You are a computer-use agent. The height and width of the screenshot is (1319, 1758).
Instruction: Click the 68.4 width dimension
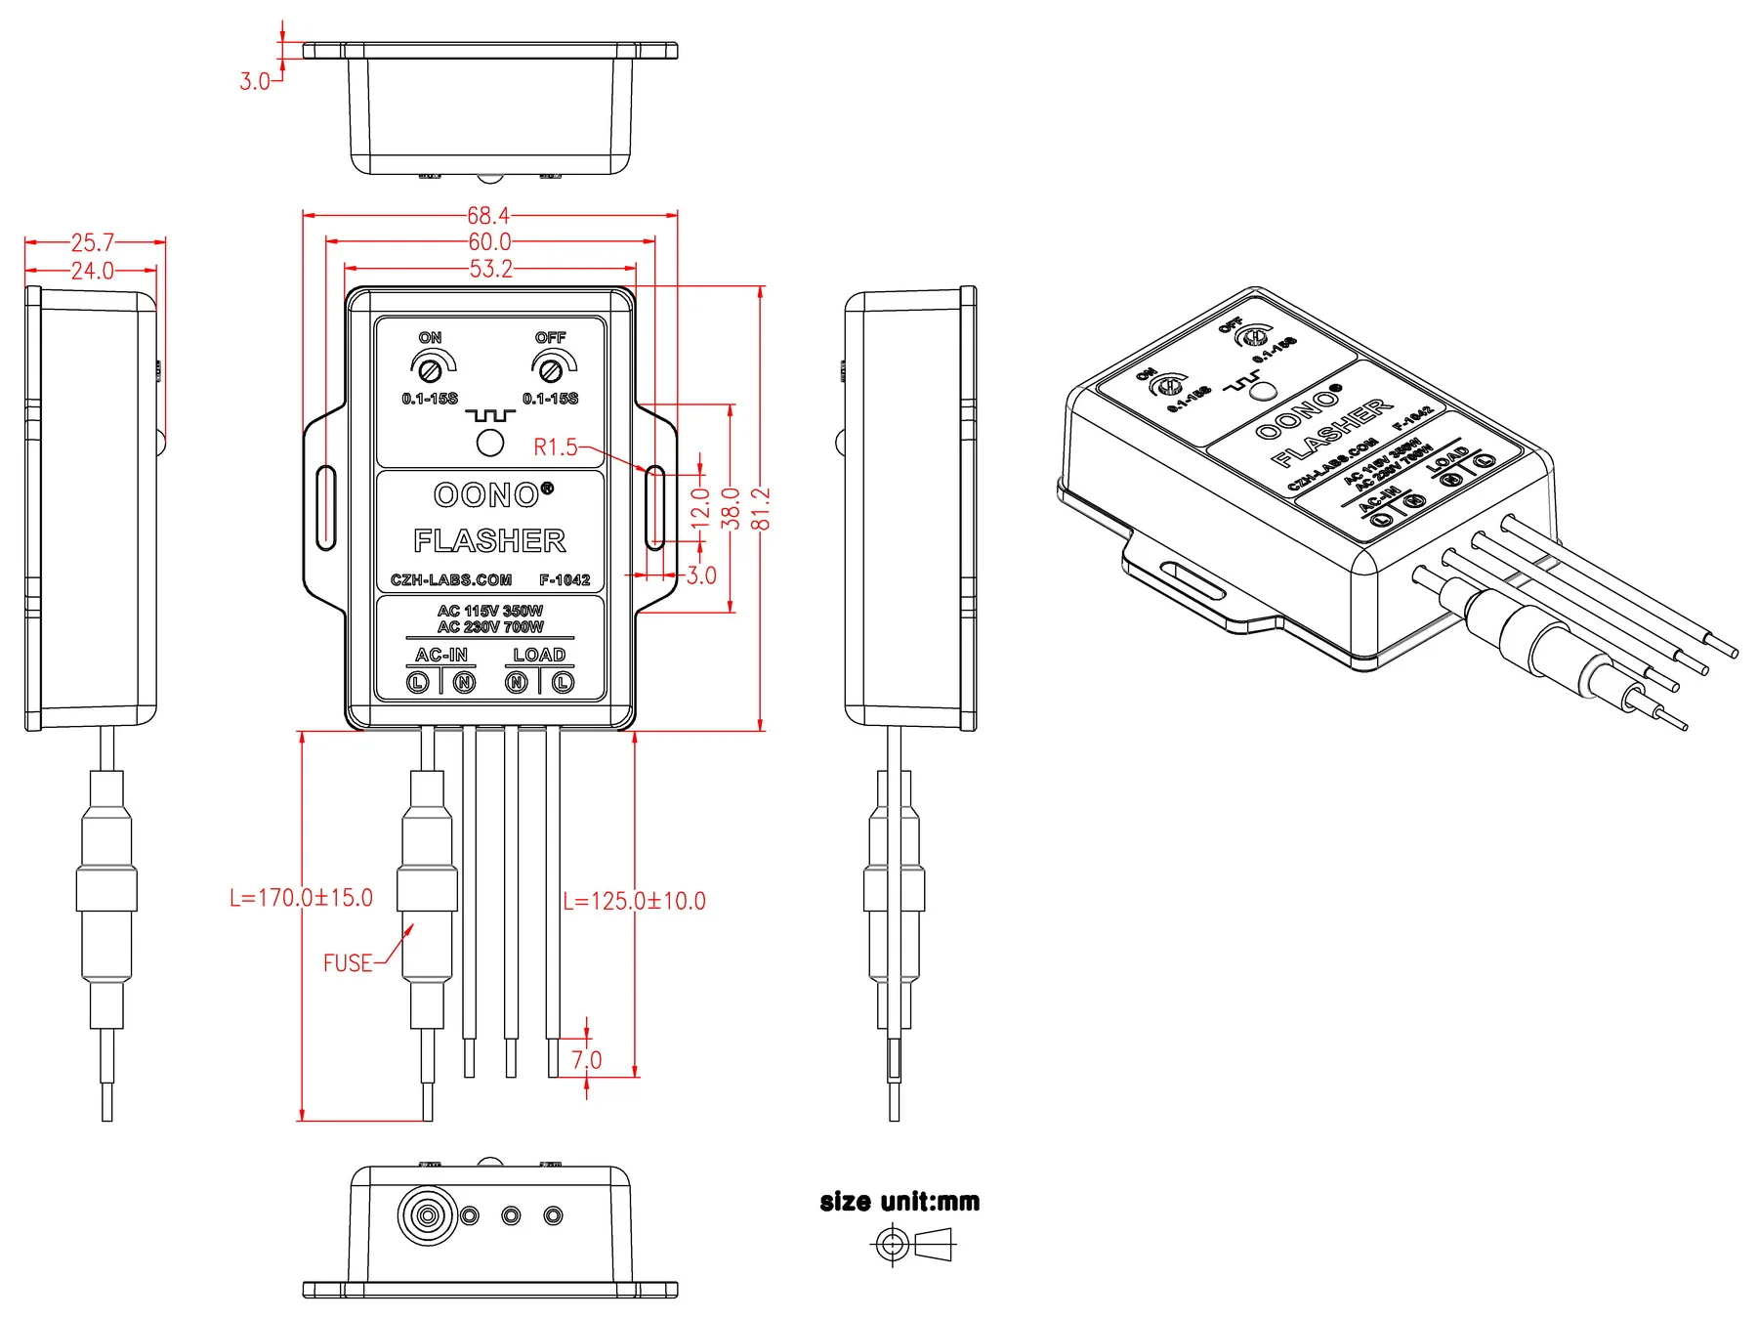point(487,215)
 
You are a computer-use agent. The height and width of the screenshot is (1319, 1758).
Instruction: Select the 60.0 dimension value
point(489,241)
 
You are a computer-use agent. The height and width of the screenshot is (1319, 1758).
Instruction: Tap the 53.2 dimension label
point(490,269)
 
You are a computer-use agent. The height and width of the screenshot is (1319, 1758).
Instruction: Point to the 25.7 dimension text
point(93,242)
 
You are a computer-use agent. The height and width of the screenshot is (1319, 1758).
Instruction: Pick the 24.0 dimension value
point(93,271)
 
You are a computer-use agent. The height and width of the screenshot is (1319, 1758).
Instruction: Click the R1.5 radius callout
point(556,447)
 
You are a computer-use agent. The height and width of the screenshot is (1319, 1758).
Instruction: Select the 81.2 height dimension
point(762,508)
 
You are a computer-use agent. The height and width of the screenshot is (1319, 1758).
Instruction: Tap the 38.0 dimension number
point(731,508)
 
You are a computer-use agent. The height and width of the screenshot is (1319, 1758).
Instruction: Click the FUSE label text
point(348,963)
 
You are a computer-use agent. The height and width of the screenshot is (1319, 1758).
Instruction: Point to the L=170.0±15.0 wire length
point(301,898)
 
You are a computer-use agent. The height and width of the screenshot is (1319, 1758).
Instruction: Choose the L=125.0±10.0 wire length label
point(634,901)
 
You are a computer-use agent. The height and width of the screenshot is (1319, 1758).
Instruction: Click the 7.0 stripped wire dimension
point(586,1060)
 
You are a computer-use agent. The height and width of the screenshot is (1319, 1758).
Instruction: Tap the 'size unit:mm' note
point(900,1202)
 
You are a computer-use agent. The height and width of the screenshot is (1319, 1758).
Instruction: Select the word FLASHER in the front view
point(489,540)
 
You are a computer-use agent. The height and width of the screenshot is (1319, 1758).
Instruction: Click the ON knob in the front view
point(430,369)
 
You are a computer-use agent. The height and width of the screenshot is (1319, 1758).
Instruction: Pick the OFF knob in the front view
point(551,369)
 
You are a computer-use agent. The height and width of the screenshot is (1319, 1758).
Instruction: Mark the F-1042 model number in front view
point(565,579)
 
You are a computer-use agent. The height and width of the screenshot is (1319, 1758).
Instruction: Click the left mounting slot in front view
point(326,508)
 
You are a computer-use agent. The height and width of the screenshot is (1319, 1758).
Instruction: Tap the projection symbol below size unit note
point(911,1246)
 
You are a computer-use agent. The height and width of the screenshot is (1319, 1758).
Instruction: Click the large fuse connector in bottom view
point(427,1216)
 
